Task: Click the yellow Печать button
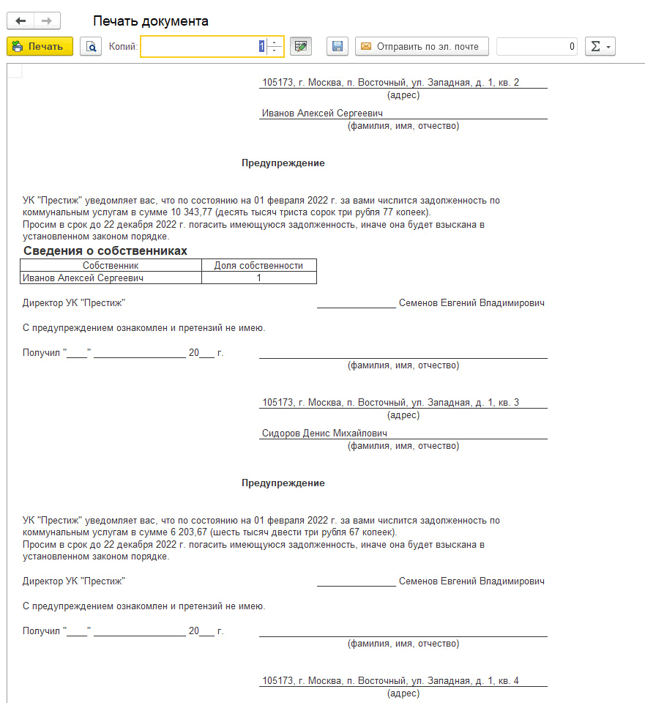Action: (40, 46)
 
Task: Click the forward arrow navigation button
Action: (47, 21)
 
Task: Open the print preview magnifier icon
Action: (91, 46)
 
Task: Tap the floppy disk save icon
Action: (338, 46)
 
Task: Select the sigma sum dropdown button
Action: (600, 46)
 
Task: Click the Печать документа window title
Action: (151, 21)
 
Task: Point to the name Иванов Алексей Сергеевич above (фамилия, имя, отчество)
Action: (322, 114)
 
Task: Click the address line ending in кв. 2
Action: (390, 83)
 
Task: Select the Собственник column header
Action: (111, 265)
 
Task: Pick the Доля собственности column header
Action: (258, 265)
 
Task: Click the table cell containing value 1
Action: (258, 278)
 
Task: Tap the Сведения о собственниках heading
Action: (105, 251)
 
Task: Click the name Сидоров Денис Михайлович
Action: (324, 434)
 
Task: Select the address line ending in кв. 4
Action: (390, 681)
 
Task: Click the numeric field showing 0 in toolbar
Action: (537, 46)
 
